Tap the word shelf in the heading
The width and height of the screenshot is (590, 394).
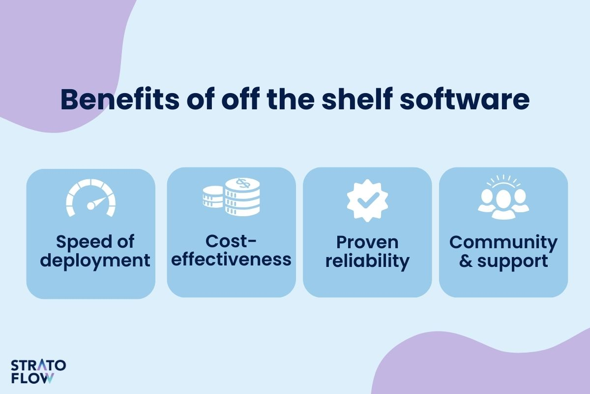coord(357,98)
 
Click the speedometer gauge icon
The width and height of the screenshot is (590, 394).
coord(90,198)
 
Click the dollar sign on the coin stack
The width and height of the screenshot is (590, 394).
coord(243,183)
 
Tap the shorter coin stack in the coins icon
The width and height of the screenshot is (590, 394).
coord(213,197)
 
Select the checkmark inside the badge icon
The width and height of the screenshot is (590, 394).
coord(368,200)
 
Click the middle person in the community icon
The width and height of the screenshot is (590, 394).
coord(503,204)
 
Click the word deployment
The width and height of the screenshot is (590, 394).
coord(95,261)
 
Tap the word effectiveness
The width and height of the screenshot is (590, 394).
coord(231,259)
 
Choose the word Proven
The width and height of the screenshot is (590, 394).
coord(367,242)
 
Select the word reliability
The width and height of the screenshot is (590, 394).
coord(367,261)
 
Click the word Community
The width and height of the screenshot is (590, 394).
coord(503,243)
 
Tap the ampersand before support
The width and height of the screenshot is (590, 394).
coord(466,261)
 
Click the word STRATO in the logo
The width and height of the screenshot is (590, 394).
coord(38,365)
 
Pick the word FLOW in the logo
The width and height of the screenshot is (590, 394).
coord(32,378)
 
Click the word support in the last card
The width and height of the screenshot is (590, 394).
coord(512,262)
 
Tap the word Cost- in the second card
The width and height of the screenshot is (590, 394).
coord(231,241)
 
